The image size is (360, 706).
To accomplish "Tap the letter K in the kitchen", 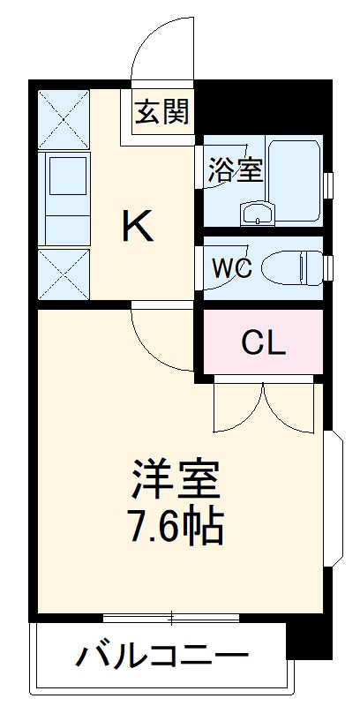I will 138,228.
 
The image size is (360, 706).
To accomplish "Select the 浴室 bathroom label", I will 235,169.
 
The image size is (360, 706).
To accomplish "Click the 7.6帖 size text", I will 176,527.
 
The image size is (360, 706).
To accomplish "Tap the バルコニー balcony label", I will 161,657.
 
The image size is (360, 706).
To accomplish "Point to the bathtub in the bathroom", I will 295,181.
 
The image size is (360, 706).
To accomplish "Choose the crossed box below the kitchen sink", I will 64,274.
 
